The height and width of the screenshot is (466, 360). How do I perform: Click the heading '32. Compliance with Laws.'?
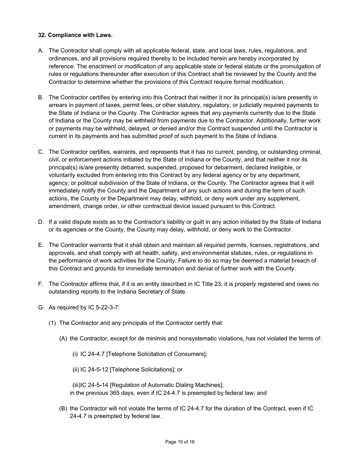75,35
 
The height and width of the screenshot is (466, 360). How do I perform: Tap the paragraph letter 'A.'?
41,51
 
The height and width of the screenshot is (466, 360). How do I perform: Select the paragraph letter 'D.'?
41,222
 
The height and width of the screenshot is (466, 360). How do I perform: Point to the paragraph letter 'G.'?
41,307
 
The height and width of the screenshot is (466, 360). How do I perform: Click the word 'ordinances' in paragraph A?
63,59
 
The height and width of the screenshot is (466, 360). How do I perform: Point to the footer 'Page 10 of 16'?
180,442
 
